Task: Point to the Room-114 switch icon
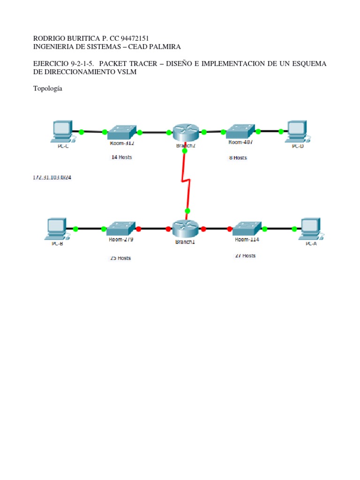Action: [x=247, y=228]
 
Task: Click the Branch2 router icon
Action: [x=186, y=132]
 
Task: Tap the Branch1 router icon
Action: [x=186, y=228]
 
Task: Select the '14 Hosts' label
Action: [x=121, y=157]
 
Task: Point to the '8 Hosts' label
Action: [x=238, y=158]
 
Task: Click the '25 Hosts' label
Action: [x=120, y=258]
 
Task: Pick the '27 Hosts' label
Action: [x=245, y=256]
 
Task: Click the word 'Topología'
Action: [x=48, y=88]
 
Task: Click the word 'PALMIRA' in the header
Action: [x=164, y=46]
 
